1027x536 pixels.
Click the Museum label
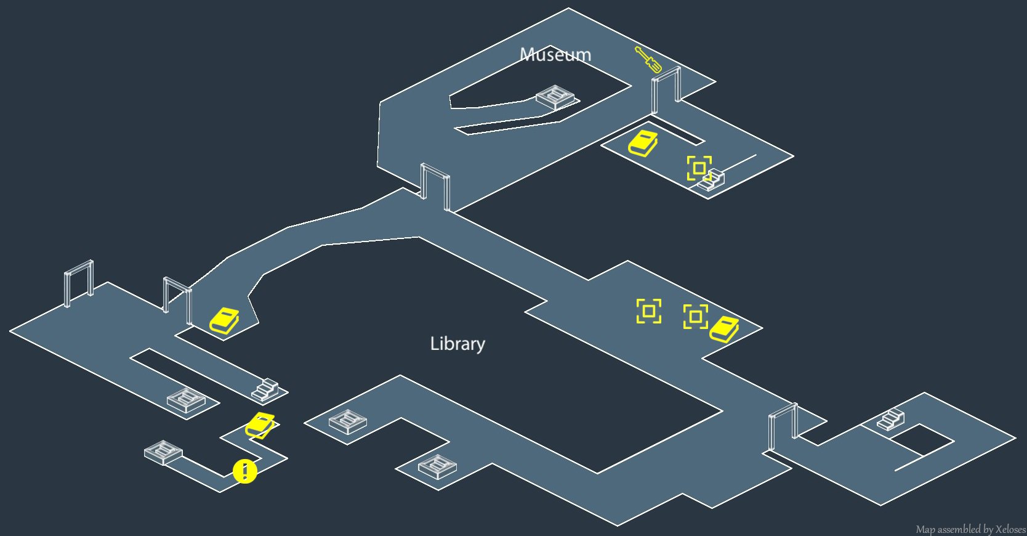point(555,55)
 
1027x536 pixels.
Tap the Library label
point(457,344)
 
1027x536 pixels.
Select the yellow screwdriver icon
point(648,59)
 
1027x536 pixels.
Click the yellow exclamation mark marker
point(245,471)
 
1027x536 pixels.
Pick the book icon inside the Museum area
point(643,144)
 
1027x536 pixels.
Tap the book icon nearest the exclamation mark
point(260,425)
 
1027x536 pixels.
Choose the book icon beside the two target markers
point(724,329)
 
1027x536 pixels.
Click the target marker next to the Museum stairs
point(699,168)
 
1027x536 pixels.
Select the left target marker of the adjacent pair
point(649,311)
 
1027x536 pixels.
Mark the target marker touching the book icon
point(695,317)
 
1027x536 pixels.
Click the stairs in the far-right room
point(890,420)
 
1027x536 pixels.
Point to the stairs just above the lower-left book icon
point(265,389)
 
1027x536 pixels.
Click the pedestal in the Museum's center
point(555,97)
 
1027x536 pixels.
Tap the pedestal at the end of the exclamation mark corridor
point(163,452)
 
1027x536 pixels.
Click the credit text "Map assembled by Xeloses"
point(970,529)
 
